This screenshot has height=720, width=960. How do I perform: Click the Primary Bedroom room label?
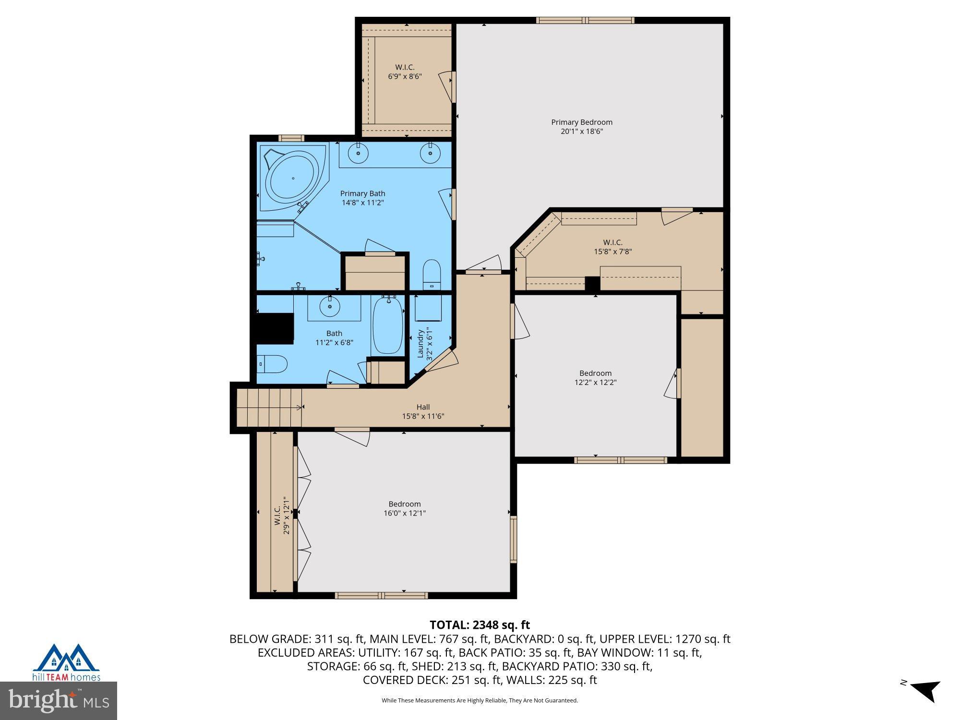[x=581, y=127]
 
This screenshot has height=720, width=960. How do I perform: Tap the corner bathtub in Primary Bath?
[x=292, y=178]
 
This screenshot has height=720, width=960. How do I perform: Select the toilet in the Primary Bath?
[x=431, y=275]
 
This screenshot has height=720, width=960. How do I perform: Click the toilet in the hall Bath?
[x=272, y=364]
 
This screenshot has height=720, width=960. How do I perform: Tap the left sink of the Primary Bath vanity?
[x=358, y=154]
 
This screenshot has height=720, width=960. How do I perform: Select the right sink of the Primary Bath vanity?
[x=430, y=154]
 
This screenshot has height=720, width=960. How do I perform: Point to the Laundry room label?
[x=424, y=343]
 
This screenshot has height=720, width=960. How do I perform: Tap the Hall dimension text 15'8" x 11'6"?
[x=423, y=416]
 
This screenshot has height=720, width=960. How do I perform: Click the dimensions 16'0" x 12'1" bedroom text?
[x=405, y=513]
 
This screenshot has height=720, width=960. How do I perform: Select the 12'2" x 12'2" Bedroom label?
[x=595, y=378]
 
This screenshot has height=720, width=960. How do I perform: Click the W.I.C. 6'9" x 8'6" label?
[x=405, y=72]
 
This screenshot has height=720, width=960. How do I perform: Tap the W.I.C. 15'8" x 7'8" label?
[x=612, y=247]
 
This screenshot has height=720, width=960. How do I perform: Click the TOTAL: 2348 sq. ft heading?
[x=480, y=625]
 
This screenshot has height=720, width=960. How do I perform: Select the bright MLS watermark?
[x=59, y=701]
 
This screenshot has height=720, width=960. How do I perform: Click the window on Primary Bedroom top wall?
[x=585, y=20]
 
